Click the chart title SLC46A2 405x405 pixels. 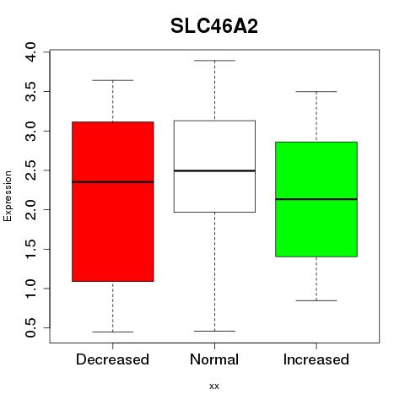tap(214, 26)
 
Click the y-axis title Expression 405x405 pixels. tap(8, 196)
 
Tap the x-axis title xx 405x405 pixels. tap(214, 386)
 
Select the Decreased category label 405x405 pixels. tap(112, 359)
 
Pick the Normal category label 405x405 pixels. tap(214, 359)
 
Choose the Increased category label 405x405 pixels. tap(316, 359)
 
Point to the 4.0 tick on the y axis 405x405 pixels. tap(30, 52)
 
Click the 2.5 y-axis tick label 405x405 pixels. tap(30, 170)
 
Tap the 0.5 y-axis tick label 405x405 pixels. tap(30, 327)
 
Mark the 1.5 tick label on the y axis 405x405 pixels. tap(30, 249)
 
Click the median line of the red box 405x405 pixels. tap(113, 182)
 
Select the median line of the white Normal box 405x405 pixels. tap(214, 170)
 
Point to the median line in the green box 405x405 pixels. tap(316, 199)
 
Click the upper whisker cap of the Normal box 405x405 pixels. tap(214, 61)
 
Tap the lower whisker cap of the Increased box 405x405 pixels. tap(316, 300)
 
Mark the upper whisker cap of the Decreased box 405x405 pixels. tap(113, 80)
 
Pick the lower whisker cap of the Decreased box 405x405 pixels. tap(113, 332)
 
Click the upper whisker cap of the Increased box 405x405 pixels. tap(316, 92)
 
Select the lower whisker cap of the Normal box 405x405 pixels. tap(214, 331)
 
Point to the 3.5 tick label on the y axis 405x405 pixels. tap(30, 91)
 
